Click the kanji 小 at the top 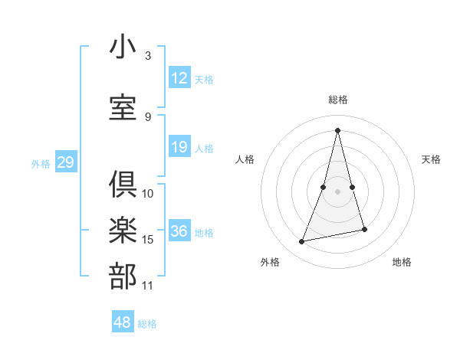point(123,47)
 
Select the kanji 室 point(123,106)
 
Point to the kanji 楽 point(123,231)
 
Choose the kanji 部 point(123,277)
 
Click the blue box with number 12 point(179,78)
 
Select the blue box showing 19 point(179,147)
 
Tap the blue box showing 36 point(179,231)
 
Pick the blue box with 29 point(65,162)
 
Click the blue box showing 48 point(123,322)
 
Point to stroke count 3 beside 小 point(147,56)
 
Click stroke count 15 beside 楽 point(148,240)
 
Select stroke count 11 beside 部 point(148,286)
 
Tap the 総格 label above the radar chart point(338,100)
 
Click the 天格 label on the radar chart point(431,159)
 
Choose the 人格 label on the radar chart point(245,159)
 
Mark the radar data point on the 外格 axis point(302,242)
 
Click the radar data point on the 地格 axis point(364,230)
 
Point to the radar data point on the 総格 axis point(338,129)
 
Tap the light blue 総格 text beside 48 point(147,324)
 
